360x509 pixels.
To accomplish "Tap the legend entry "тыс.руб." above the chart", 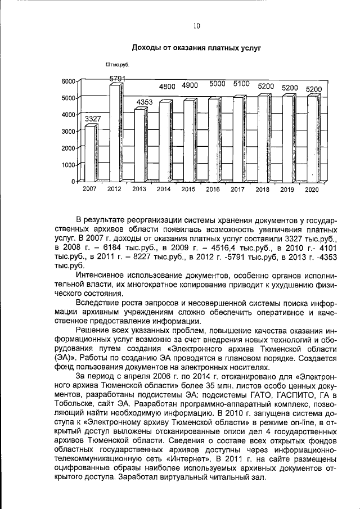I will point(120,66).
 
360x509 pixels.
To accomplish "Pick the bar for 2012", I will point(115,132).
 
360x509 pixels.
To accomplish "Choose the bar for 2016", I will point(213,139).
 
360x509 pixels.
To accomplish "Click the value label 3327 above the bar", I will point(93,119).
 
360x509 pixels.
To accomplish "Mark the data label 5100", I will point(241,84).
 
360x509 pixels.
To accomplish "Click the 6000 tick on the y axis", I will point(68,82).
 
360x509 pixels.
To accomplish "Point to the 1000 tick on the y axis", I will point(68,165).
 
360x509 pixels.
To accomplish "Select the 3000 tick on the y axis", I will point(68,132).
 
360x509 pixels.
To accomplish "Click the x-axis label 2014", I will point(164,190).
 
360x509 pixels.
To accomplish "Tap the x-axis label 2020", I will point(312,190).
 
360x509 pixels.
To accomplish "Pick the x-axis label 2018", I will point(262,190).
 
